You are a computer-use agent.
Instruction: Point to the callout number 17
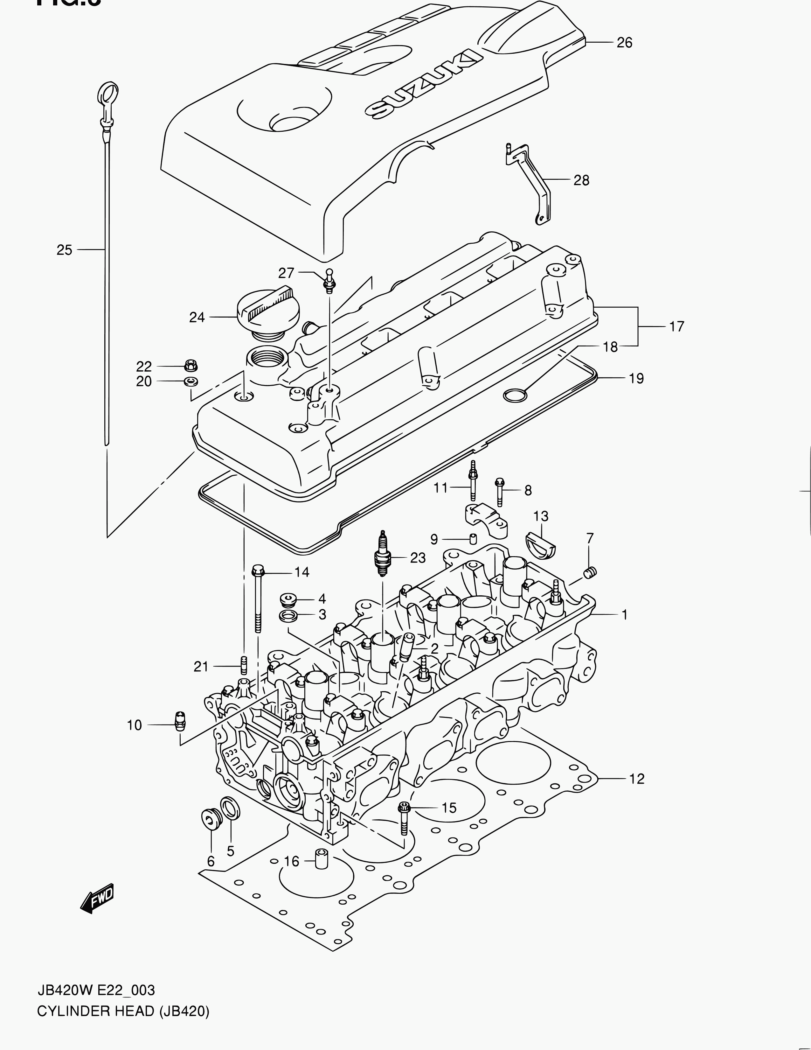676,326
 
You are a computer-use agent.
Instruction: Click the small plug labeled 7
590,572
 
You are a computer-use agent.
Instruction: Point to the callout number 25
64,250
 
